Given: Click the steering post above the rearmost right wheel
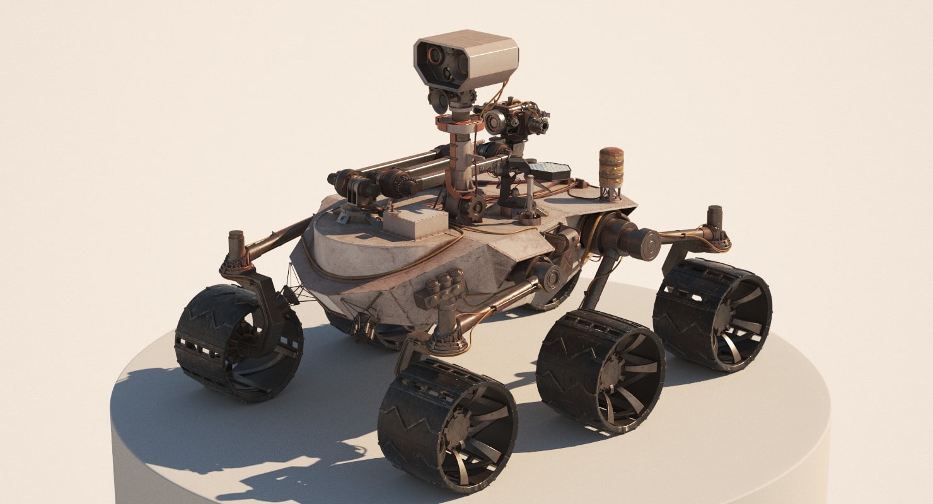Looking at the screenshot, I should coord(714,218).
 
